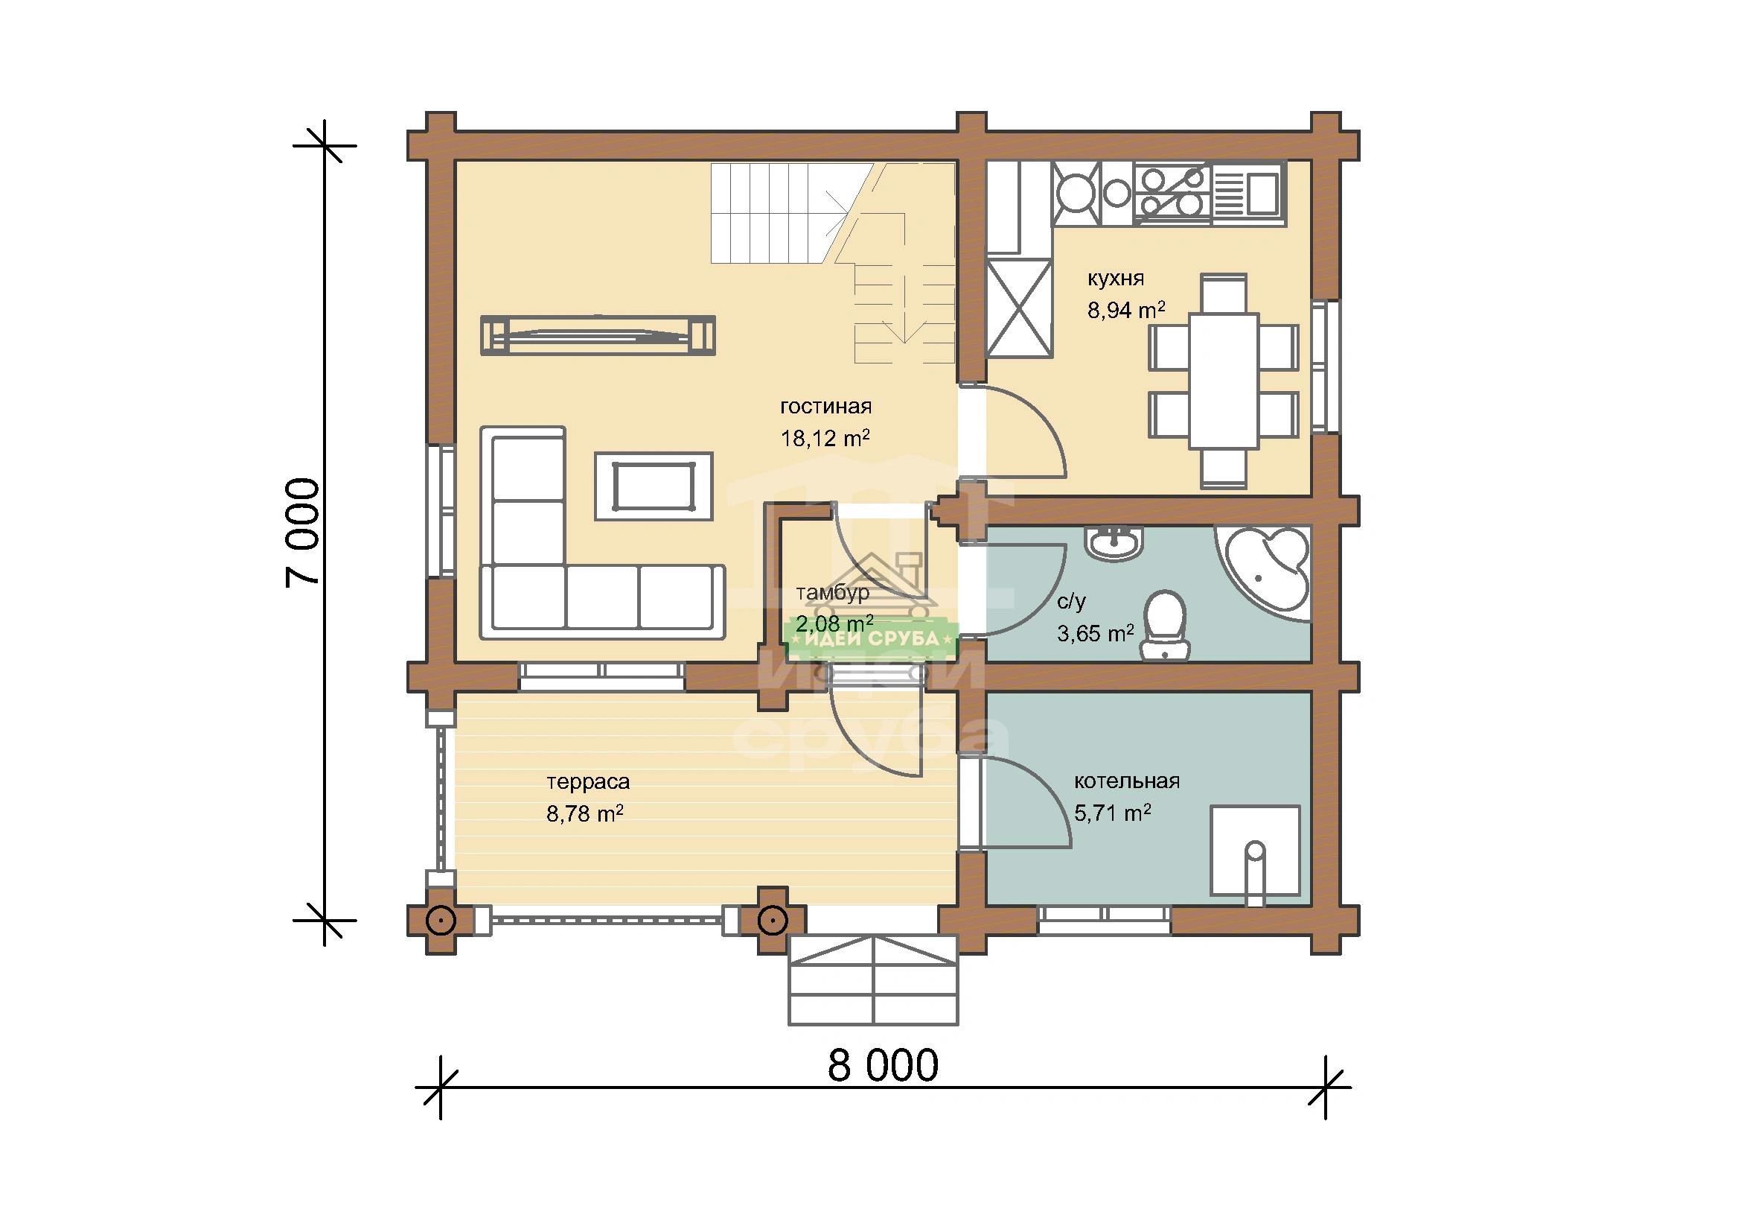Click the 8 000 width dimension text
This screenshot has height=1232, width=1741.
pos(883,1066)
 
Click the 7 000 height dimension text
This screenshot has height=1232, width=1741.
pos(303,533)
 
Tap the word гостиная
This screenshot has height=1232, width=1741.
pos(825,407)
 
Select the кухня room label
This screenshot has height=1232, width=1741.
pos(1116,279)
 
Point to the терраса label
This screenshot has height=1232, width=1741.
pos(588,781)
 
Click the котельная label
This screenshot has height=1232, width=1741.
pos(1127,781)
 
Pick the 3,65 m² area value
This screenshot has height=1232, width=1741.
pos(1095,633)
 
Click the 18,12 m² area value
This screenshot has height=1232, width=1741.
pos(825,438)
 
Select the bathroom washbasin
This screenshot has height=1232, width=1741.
pos(1115,543)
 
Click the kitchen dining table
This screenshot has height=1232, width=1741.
pos(1224,381)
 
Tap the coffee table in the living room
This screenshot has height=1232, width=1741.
pos(654,486)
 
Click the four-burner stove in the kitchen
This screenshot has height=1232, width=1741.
pos(1172,192)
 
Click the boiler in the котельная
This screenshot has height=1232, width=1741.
pos(1255,851)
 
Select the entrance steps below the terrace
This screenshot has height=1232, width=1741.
pos(874,980)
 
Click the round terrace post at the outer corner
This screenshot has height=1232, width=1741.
pos(441,921)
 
